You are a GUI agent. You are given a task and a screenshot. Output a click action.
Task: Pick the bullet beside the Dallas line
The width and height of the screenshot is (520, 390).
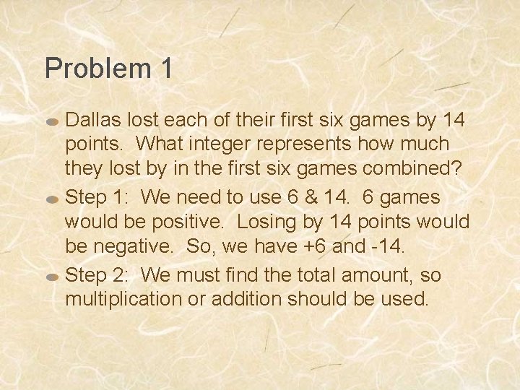click(x=52, y=121)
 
